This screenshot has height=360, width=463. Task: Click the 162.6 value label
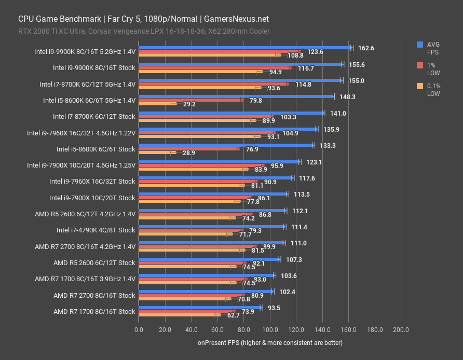(366, 48)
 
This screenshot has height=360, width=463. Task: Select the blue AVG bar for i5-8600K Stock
(226, 145)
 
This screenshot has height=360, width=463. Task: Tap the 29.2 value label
(189, 104)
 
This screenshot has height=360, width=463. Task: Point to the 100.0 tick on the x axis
(270, 329)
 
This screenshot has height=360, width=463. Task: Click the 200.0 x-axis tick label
(401, 329)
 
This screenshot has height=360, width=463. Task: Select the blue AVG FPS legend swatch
(420, 45)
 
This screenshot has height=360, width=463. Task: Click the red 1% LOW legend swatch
(420, 65)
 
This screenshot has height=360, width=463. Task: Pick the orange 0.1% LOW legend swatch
(420, 86)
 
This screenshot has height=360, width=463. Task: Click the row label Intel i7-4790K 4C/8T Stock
(96, 230)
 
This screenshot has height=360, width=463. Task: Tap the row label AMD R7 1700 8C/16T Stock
(94, 311)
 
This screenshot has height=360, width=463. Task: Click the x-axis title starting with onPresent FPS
(270, 343)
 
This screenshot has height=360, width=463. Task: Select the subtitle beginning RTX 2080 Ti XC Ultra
(144, 31)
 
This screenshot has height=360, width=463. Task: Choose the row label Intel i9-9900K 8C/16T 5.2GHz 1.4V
(85, 51)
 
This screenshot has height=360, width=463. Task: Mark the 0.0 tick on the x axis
(139, 329)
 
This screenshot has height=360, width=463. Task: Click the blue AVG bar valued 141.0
(231, 113)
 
